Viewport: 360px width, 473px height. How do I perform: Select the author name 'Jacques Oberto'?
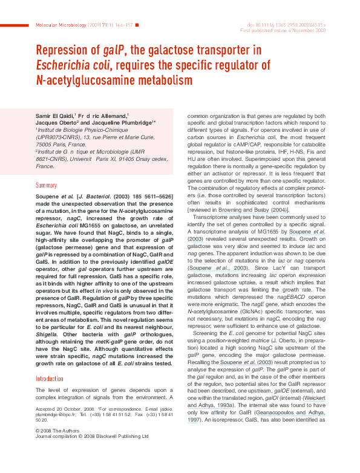(x=59, y=122)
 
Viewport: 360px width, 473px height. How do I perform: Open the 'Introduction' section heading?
(x=49, y=379)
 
